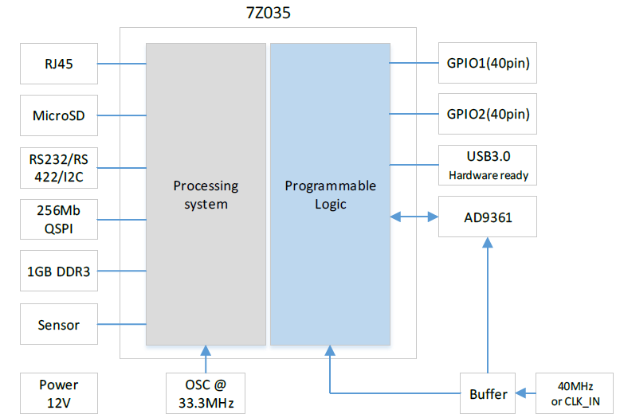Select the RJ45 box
coord(59,64)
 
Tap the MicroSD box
coord(59,115)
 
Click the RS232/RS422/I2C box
coord(59,167)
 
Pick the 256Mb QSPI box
coord(59,220)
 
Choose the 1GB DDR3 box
coord(59,272)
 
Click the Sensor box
coord(59,324)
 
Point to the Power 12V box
coord(59,393)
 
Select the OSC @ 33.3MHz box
coord(206,393)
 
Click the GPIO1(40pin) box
coord(488,63)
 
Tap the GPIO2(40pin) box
coord(488,114)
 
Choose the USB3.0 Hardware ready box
coord(488,166)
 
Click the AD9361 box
coord(488,217)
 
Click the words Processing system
coord(206,194)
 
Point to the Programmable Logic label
coord(330,194)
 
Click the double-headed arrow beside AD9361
coord(414,217)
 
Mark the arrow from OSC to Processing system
coord(206,359)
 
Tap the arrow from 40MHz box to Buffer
coord(527,393)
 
